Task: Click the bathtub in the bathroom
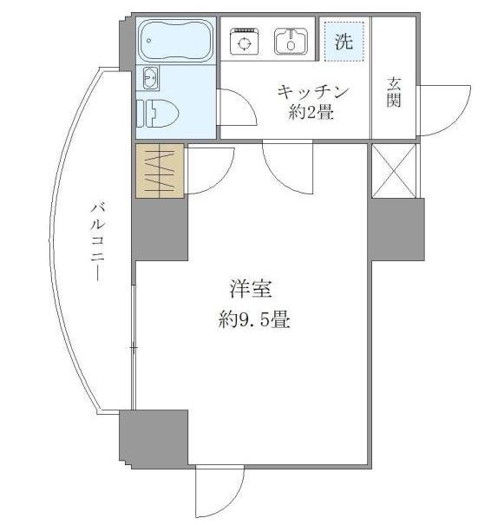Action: coord(176,41)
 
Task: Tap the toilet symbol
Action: coord(160,111)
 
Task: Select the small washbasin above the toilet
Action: coord(149,78)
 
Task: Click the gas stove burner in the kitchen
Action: coord(244,41)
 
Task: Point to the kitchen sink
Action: coord(291,40)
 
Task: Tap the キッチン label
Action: coord(312,91)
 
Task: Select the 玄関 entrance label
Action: coord(394,93)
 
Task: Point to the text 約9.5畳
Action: coord(254,319)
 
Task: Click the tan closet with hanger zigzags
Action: coord(160,170)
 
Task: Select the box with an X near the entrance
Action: coord(393,170)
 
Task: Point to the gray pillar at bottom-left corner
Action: coord(154,439)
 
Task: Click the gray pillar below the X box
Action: coord(396,229)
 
